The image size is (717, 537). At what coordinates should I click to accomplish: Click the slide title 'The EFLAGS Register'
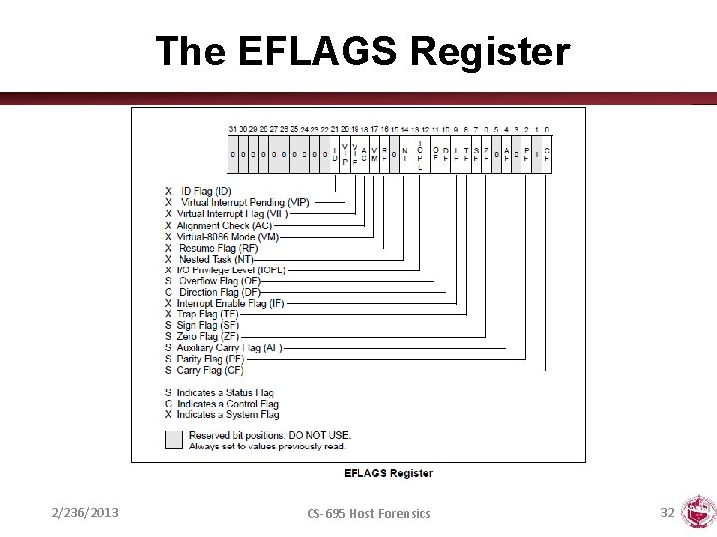pos(362,51)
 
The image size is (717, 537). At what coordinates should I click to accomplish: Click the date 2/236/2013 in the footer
pos(85,513)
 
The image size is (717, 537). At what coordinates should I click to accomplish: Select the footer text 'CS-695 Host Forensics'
pos(368,513)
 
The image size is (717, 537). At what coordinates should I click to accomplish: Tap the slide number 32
pos(667,512)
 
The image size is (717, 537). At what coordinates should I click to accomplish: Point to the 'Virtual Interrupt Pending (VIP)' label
pos(245,202)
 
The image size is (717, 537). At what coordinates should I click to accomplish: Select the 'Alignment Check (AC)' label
pos(224,225)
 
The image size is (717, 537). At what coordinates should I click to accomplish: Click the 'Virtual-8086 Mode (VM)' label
pos(228,237)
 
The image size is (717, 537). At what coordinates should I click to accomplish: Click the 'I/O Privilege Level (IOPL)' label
pos(231,269)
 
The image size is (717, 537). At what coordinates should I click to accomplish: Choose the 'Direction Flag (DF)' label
pos(219,292)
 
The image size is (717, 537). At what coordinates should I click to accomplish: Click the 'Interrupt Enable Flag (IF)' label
pos(230,303)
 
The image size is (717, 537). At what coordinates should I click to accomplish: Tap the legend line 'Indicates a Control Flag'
pos(227,404)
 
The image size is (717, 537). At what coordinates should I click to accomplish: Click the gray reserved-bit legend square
pos(174,440)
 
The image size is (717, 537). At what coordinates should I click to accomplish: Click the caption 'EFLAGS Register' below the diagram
pos(388,473)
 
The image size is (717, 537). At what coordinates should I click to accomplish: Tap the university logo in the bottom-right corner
pos(696,513)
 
